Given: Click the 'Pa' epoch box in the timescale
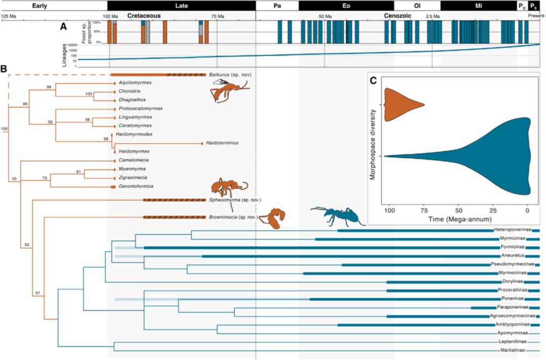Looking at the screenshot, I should [277, 6].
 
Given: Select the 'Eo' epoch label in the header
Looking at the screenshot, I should [346, 6].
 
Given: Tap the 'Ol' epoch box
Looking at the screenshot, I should [417, 6].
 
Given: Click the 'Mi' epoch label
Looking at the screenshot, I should [478, 6].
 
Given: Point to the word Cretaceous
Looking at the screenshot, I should [144, 16].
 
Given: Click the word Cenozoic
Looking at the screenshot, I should [397, 16].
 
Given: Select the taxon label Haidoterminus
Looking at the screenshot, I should [222, 143].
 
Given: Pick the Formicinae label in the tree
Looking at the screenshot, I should [512, 248].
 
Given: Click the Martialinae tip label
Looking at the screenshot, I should [513, 350].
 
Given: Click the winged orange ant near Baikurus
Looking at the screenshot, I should [229, 92].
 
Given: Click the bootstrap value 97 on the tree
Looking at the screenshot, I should [37, 293].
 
